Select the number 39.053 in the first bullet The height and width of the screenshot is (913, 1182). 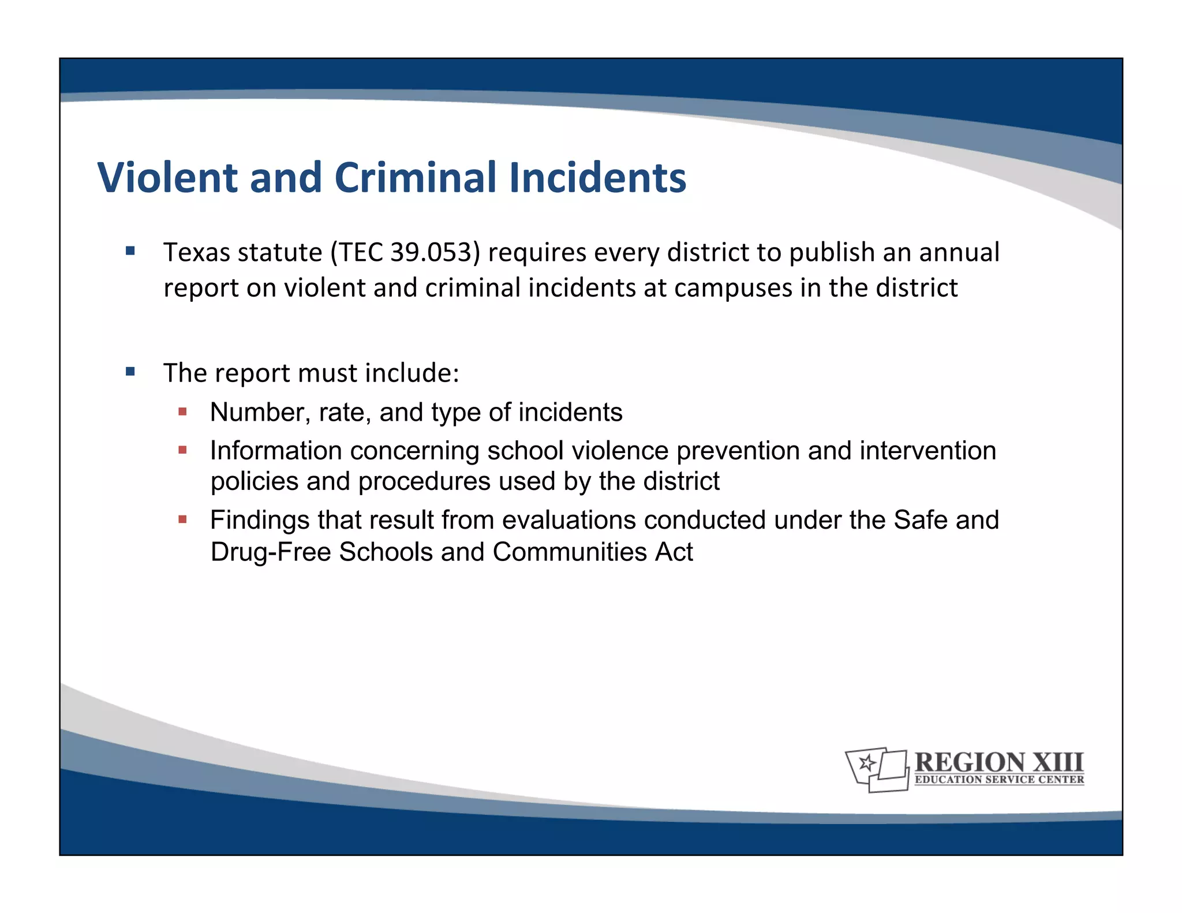pyautogui.click(x=431, y=253)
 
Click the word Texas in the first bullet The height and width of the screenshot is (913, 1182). pyautogui.click(x=196, y=253)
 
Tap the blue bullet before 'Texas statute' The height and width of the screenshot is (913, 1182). pyautogui.click(x=130, y=251)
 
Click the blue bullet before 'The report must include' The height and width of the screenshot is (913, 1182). pyautogui.click(x=130, y=371)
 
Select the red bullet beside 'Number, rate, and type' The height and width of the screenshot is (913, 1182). pyautogui.click(x=182, y=411)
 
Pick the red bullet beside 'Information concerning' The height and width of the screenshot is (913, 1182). pyautogui.click(x=182, y=450)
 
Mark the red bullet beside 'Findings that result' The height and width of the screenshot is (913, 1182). pyautogui.click(x=182, y=519)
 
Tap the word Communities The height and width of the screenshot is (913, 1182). pyautogui.click(x=570, y=552)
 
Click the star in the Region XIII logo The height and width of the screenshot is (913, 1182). pyautogui.click(x=866, y=764)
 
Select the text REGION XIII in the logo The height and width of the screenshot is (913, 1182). pyautogui.click(x=999, y=762)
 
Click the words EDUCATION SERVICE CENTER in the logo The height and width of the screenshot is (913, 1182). pyautogui.click(x=999, y=780)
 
